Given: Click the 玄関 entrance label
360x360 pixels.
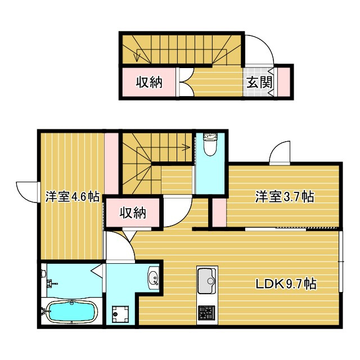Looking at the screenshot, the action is tap(259, 82).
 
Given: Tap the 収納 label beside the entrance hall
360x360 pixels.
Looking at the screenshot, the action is tap(149, 82).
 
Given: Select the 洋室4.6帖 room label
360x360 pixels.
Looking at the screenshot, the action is tap(72, 196).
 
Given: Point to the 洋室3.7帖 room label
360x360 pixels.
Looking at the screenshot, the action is tap(285, 196).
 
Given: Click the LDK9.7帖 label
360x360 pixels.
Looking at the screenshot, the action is tap(286, 284).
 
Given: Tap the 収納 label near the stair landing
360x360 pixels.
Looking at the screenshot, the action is tap(133, 213).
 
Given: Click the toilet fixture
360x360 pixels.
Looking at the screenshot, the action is tap(210, 144).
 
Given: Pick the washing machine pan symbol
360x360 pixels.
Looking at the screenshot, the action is tap(120, 314).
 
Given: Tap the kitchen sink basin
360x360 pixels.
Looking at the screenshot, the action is tap(207, 281).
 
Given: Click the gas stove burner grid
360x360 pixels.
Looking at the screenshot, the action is tap(206, 313).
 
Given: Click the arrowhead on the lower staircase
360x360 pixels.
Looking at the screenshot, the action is tap(186, 146).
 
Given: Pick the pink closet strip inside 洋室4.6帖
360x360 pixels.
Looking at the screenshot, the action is tap(111, 164).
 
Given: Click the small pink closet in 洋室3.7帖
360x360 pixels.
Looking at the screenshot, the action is tap(219, 213).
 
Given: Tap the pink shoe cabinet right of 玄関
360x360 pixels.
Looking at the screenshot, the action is tap(284, 82).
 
